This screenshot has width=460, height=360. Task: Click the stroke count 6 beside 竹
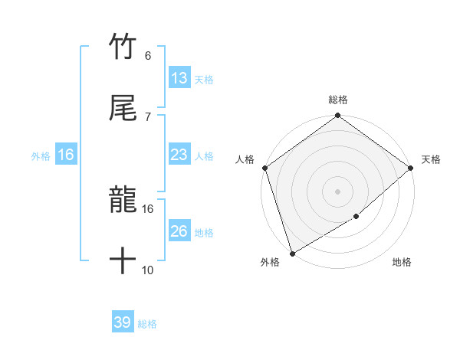(x=147, y=56)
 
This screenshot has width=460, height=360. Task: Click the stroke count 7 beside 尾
(x=147, y=116)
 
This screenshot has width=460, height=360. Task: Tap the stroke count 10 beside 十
(x=147, y=270)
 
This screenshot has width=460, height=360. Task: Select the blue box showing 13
(x=179, y=78)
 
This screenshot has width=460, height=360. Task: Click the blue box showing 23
(x=179, y=155)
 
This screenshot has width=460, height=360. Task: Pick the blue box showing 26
(x=179, y=231)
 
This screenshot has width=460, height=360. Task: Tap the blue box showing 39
(x=122, y=322)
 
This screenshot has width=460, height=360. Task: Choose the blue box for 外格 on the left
(x=66, y=155)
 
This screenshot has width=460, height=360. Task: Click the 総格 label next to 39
(x=147, y=324)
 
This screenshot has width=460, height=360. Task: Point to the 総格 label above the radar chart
(x=338, y=100)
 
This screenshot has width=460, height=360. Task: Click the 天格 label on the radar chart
(x=431, y=159)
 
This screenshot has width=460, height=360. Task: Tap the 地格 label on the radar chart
(x=402, y=262)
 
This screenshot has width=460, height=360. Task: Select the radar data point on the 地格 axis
(x=356, y=217)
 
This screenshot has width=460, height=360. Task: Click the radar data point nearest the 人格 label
(x=264, y=168)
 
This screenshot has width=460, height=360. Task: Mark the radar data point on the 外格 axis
(x=292, y=253)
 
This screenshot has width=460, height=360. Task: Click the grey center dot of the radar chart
(x=337, y=191)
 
